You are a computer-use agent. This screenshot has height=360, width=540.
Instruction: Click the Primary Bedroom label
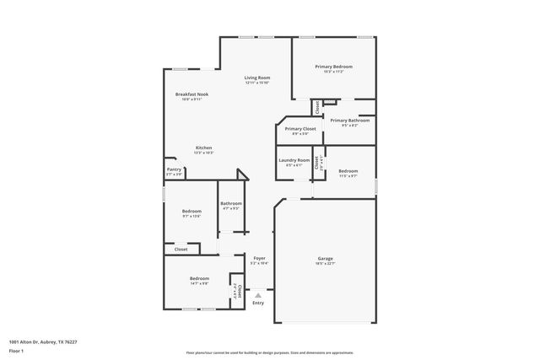(334, 67)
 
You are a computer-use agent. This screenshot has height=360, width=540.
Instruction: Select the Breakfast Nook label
(192, 94)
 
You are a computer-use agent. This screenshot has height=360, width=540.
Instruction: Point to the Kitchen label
(204, 148)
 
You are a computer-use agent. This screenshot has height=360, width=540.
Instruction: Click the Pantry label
(174, 169)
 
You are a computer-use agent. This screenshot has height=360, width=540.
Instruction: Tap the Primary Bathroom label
(350, 121)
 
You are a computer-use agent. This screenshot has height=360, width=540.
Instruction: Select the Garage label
(326, 258)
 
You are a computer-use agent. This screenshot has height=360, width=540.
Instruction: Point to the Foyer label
(259, 258)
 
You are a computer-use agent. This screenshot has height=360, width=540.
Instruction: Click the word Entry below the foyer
(259, 303)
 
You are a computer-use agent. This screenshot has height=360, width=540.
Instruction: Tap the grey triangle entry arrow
(259, 294)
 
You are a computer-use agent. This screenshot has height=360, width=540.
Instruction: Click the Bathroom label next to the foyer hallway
(231, 203)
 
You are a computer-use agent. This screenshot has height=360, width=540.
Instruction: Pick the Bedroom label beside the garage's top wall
(348, 171)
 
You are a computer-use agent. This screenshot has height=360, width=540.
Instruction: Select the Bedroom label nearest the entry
(199, 278)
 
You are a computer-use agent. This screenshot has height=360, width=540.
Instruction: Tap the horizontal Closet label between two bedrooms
(181, 250)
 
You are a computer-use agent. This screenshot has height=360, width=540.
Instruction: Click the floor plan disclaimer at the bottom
(270, 352)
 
